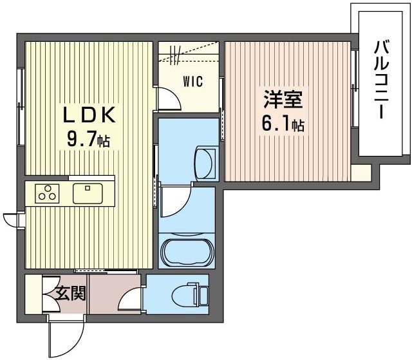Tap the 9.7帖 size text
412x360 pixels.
(88, 139)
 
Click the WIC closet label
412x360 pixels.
(192, 82)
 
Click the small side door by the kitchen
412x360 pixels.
(12, 220)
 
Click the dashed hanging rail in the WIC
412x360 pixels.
(189, 57)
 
